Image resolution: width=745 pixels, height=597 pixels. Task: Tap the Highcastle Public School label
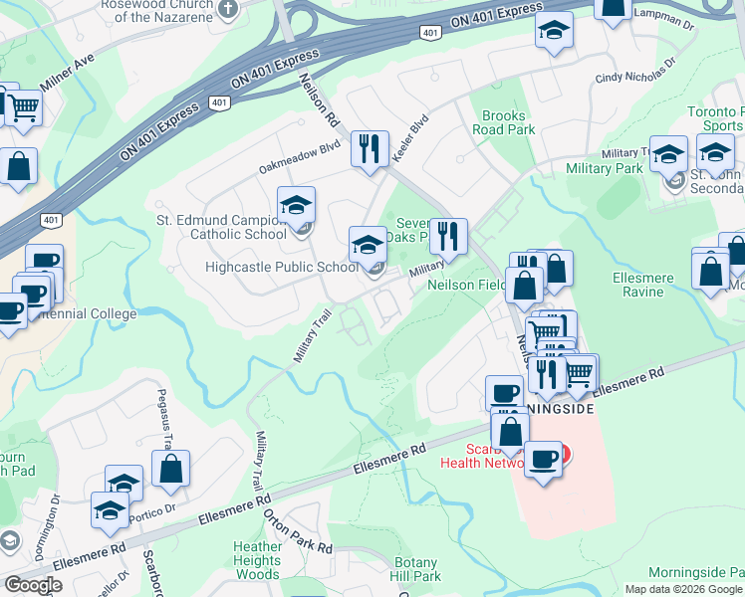(x=282, y=267)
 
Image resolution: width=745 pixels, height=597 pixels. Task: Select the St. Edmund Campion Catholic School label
(x=222, y=227)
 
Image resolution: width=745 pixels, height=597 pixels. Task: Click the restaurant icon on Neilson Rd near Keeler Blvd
(x=371, y=149)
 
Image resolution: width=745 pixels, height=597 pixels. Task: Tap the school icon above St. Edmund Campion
(x=296, y=205)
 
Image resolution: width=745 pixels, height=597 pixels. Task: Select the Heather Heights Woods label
(x=258, y=560)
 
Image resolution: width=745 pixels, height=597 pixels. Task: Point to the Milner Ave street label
(x=67, y=72)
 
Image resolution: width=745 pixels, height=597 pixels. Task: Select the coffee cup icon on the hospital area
(x=543, y=459)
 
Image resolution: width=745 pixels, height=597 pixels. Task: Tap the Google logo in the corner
(x=33, y=585)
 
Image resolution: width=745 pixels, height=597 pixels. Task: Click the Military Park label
(x=605, y=169)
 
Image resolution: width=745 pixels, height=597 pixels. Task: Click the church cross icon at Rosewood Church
(x=227, y=10)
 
